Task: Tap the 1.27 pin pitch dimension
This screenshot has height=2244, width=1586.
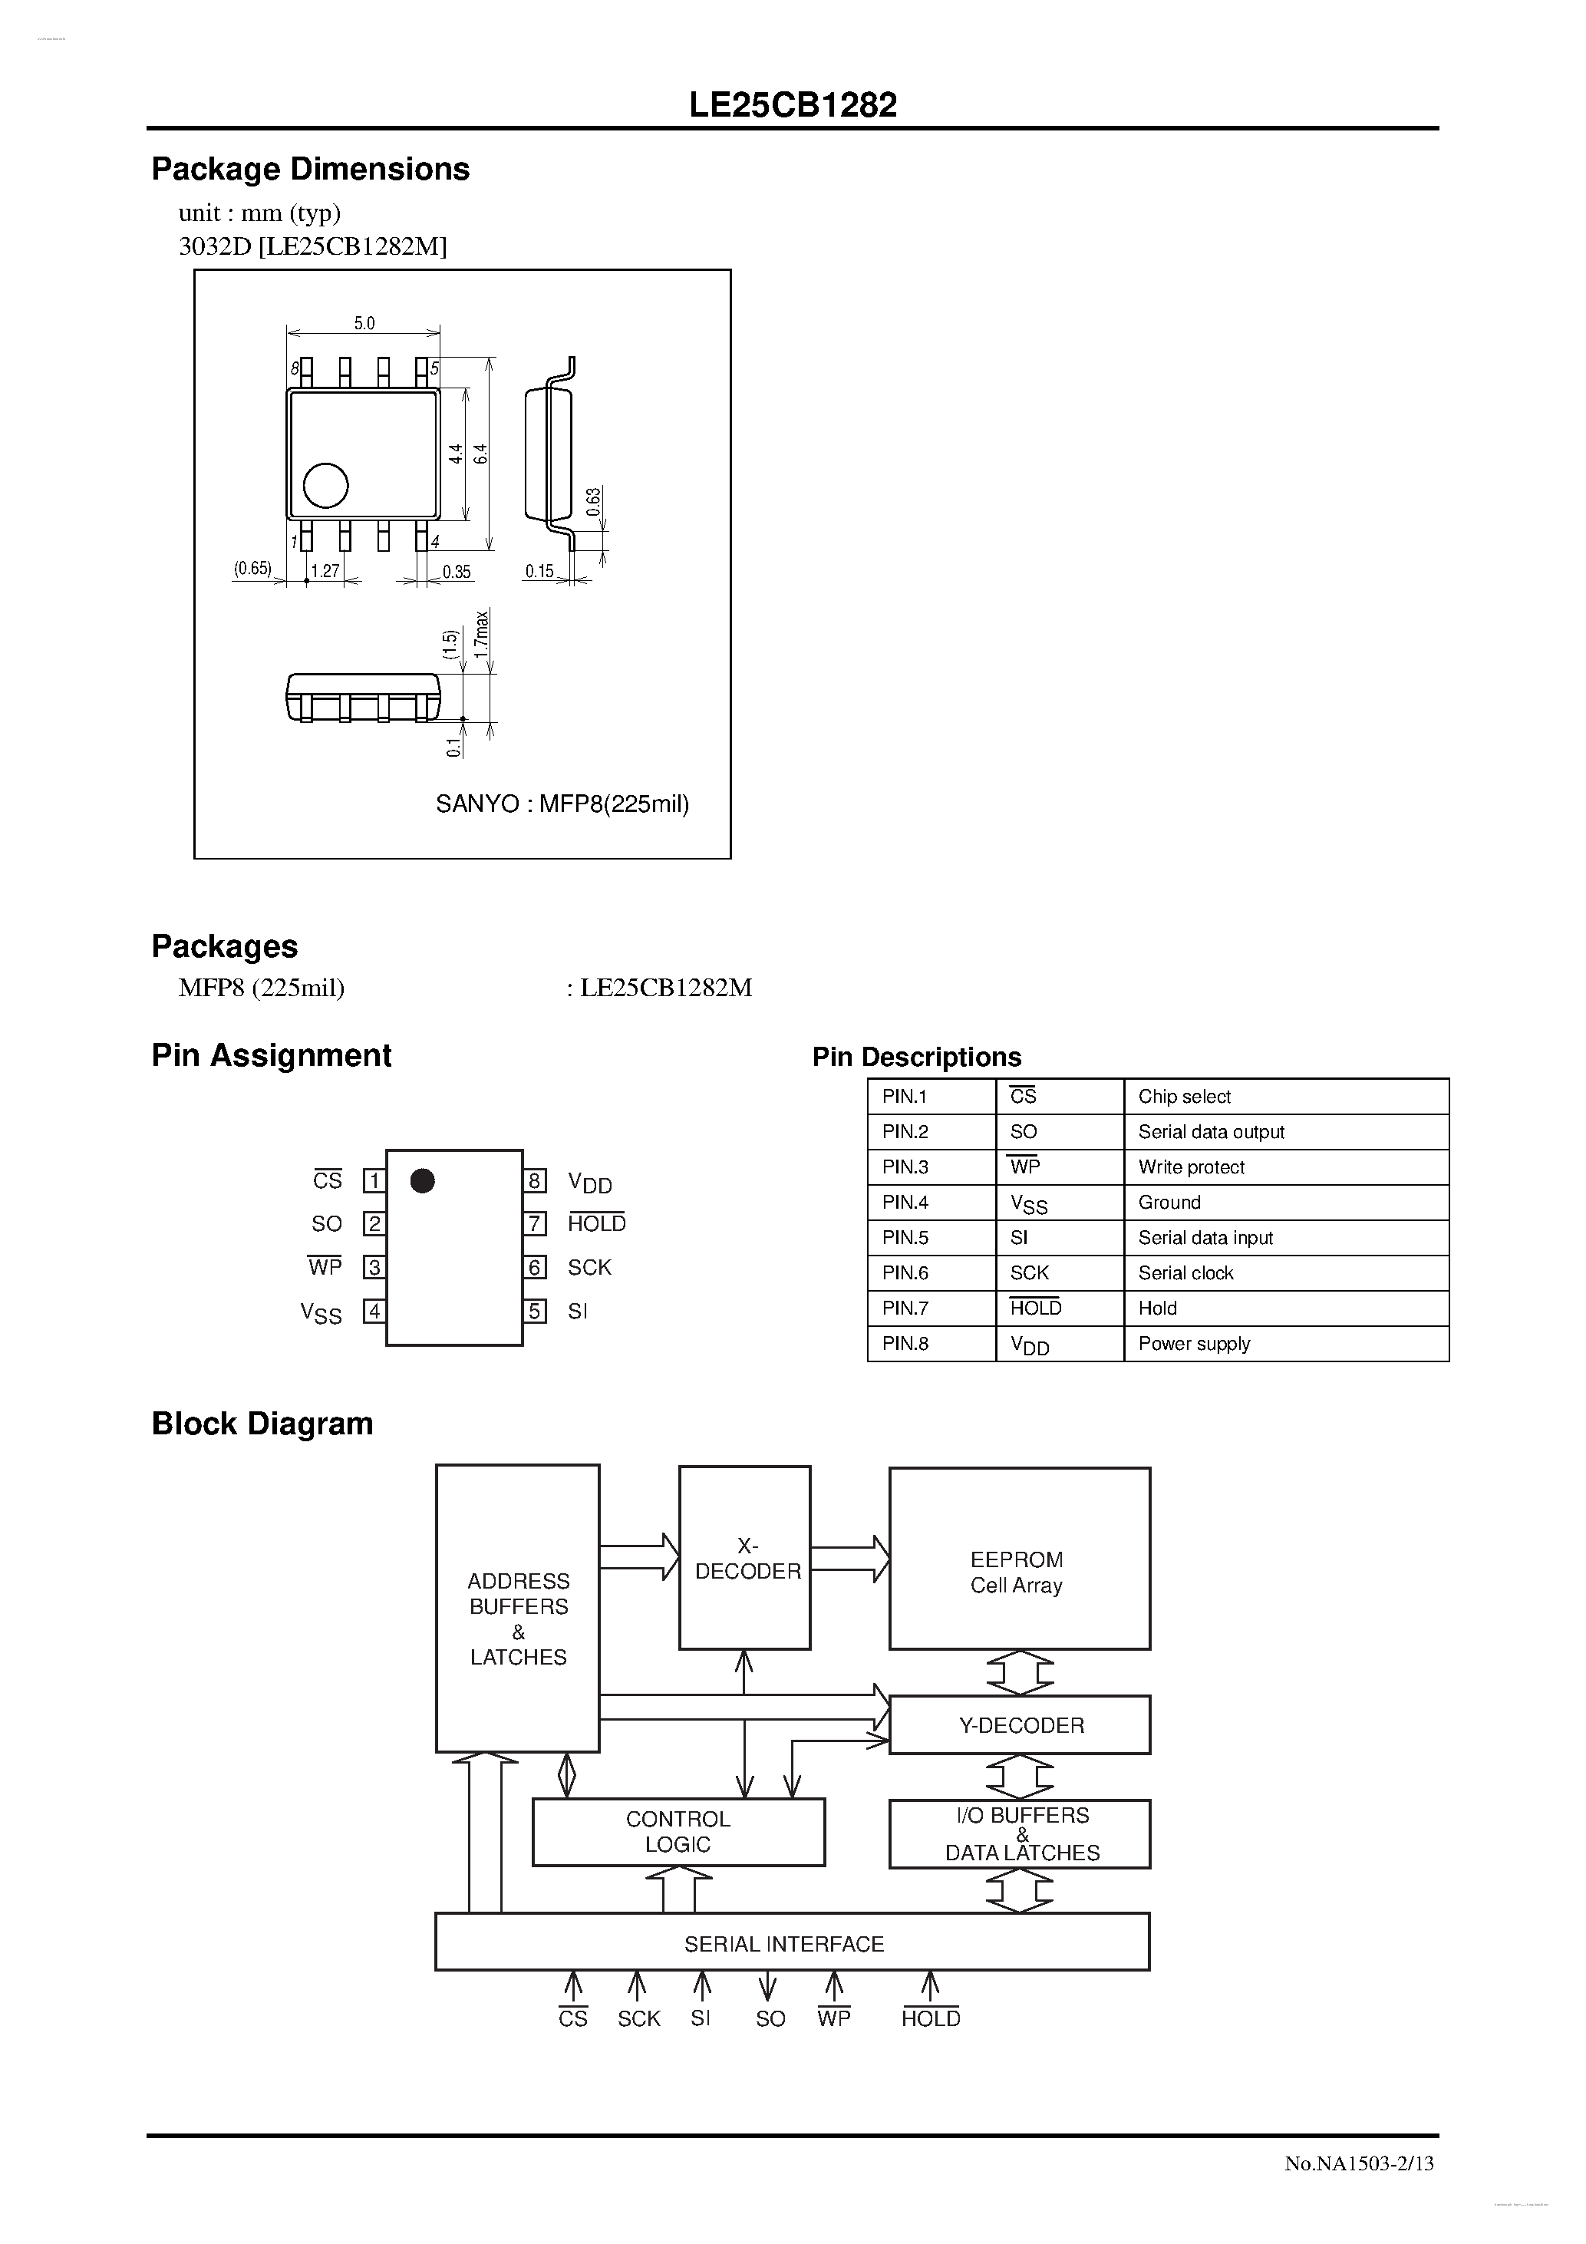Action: tap(325, 572)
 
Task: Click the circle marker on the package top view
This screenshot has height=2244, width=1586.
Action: tap(325, 485)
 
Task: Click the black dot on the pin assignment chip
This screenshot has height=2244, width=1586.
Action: tap(422, 1180)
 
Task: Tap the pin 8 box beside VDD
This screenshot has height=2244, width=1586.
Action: tap(535, 1180)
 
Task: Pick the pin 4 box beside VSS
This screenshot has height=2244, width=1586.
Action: tap(374, 1311)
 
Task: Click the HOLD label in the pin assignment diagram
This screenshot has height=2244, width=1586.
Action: tap(596, 1223)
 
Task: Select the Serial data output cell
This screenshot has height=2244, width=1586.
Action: tap(1211, 1132)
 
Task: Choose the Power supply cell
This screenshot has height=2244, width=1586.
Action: tap(1193, 1343)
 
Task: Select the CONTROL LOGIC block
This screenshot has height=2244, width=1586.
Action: tap(678, 1832)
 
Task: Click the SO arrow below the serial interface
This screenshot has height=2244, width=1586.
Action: tap(768, 1987)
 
